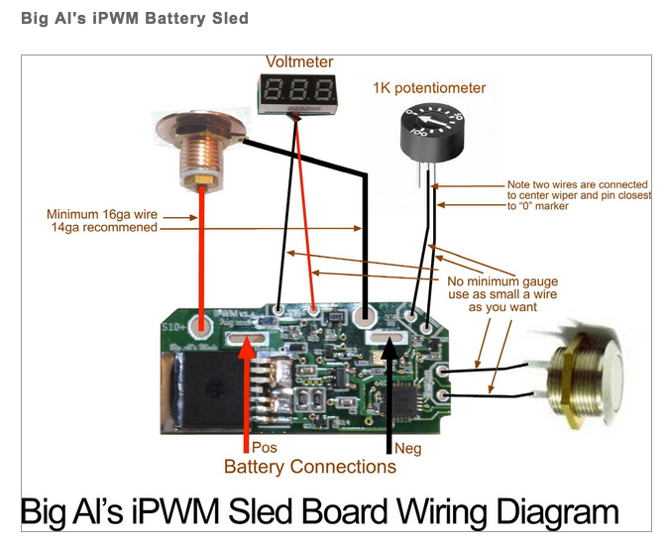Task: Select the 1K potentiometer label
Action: pyautogui.click(x=429, y=88)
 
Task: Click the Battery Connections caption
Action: pyautogui.click(x=309, y=467)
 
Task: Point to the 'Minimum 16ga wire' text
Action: pyautogui.click(x=101, y=214)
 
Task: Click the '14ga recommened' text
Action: pyautogui.click(x=108, y=227)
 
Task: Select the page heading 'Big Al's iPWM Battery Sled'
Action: pyautogui.click(x=127, y=18)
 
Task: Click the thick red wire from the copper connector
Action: pyautogui.click(x=201, y=258)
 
